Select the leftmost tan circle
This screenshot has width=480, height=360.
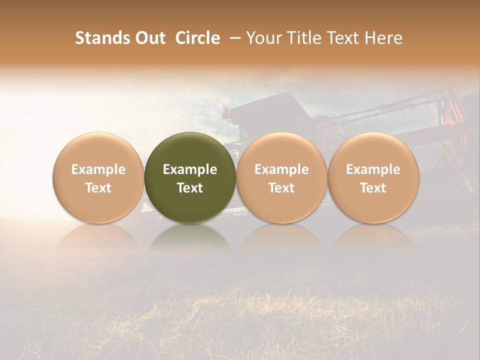tap(98, 150)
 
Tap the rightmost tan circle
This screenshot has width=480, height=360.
tap(373, 150)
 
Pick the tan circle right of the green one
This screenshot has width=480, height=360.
tap(281, 150)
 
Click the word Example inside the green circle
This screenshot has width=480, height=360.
tap(190, 169)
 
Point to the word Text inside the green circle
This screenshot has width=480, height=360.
tap(190, 188)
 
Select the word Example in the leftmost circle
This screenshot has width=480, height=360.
tap(98, 169)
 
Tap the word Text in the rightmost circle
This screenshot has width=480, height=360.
tap(373, 188)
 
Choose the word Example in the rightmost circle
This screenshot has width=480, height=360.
tap(373, 169)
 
